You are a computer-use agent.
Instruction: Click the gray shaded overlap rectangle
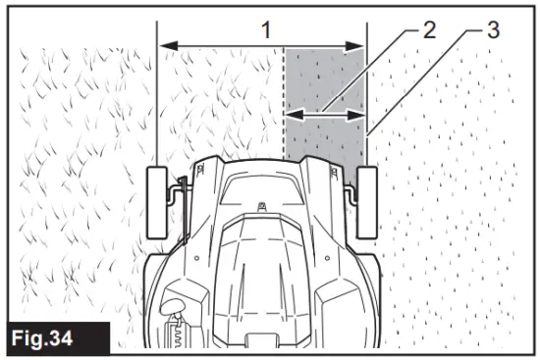(x=324, y=88)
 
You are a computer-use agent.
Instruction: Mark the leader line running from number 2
(x=373, y=69)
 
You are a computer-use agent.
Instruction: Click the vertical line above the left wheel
(x=156, y=98)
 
